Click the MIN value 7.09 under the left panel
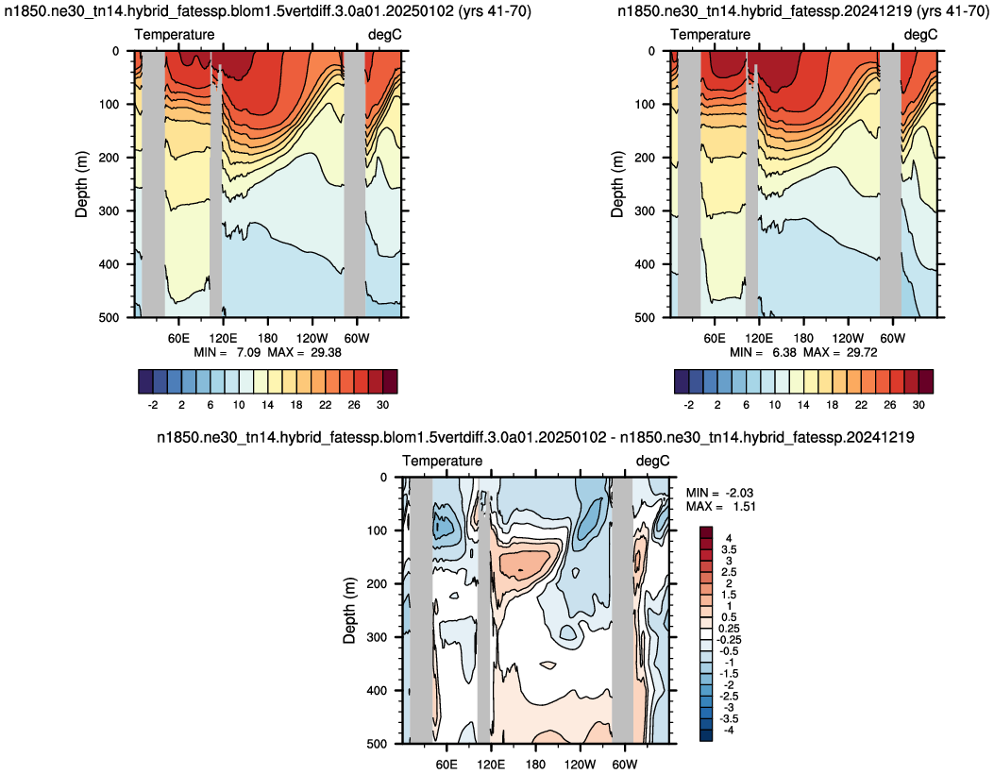[x=248, y=352]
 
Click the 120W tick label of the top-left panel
[x=312, y=338]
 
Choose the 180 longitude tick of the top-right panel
[x=803, y=338]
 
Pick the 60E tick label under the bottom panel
[x=446, y=765]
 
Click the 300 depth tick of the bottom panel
[x=378, y=637]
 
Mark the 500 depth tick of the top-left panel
[x=110, y=317]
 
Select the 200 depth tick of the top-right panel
[x=646, y=158]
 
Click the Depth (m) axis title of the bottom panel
[x=349, y=611]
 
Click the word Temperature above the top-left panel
[x=175, y=34]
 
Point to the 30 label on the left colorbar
[x=382, y=404]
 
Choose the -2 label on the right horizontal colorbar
[x=689, y=404]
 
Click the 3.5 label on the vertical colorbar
[x=728, y=549]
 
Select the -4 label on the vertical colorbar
[x=729, y=731]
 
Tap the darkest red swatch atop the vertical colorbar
[x=706, y=531]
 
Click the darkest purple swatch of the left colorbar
[x=145, y=381]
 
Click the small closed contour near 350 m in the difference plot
[x=548, y=665]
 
